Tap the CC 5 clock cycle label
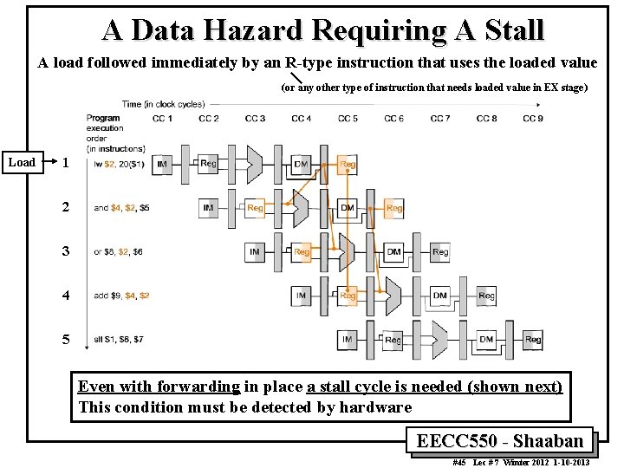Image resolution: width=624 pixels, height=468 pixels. [x=348, y=118]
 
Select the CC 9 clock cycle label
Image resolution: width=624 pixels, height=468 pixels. [x=532, y=118]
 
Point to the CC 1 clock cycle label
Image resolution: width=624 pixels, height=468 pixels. [x=162, y=118]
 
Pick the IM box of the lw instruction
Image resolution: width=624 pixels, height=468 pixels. [x=162, y=163]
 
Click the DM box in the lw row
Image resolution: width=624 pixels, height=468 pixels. [x=301, y=163]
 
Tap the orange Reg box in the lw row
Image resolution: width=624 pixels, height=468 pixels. [x=348, y=163]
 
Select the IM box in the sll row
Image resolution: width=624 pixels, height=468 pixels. [x=348, y=339]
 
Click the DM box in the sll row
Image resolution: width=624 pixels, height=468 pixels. [x=486, y=339]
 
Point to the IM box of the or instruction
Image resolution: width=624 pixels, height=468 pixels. [x=255, y=251]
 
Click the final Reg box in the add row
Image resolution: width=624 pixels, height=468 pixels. [x=486, y=296]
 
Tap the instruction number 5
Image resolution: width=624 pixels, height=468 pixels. [x=66, y=340]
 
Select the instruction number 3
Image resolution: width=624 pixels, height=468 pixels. [x=66, y=251]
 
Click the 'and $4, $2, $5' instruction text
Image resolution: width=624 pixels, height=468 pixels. [x=121, y=208]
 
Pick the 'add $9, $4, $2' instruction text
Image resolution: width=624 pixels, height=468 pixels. [x=121, y=296]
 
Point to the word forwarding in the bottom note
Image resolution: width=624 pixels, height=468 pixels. [x=198, y=387]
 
